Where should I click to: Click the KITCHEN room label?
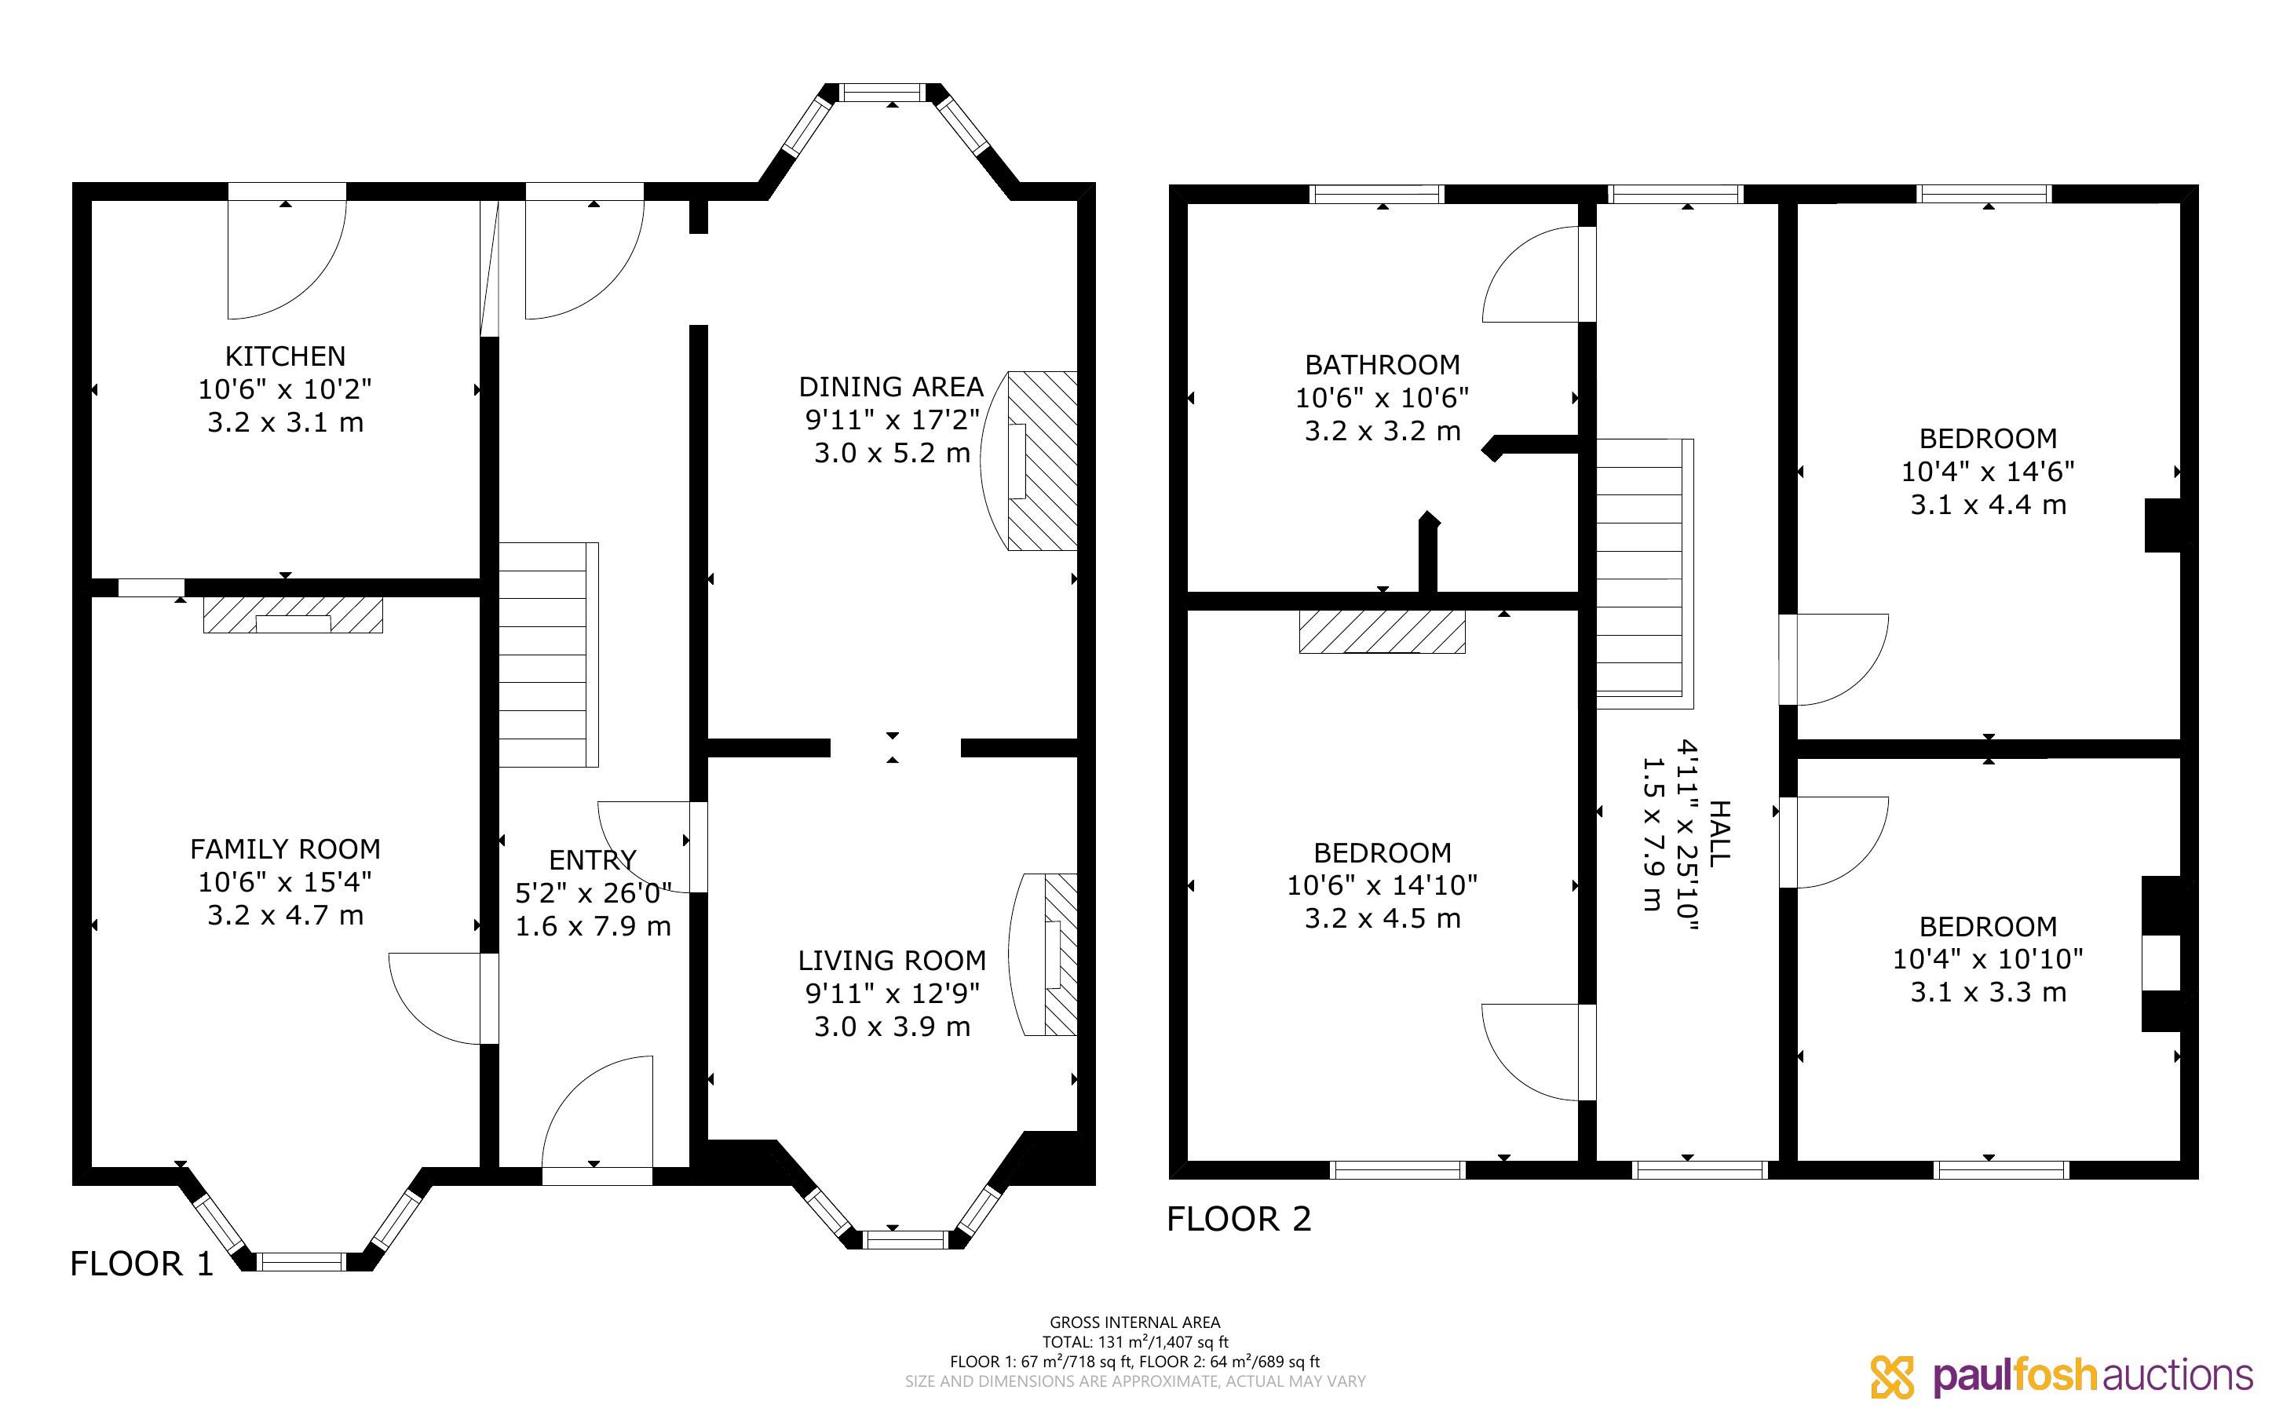(x=285, y=356)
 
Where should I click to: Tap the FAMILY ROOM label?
(x=285, y=849)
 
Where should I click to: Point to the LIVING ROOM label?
(x=892, y=960)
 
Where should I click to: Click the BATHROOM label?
(x=1383, y=364)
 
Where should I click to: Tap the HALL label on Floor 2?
(x=1720, y=834)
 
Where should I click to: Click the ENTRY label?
(x=592, y=859)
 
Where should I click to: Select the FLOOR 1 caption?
(x=142, y=1264)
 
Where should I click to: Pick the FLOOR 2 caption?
(x=1239, y=1219)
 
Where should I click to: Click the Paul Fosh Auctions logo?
(x=2062, y=1377)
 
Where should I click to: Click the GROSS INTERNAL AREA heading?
(x=1134, y=1322)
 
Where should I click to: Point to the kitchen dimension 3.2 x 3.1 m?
(x=285, y=422)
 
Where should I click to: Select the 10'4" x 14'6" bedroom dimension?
(x=1988, y=471)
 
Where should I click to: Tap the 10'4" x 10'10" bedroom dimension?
(x=1988, y=959)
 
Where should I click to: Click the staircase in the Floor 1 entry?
(x=548, y=654)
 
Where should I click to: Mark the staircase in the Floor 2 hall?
(x=1645, y=574)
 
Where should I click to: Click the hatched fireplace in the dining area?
(x=1042, y=460)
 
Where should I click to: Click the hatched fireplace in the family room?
(x=293, y=615)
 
